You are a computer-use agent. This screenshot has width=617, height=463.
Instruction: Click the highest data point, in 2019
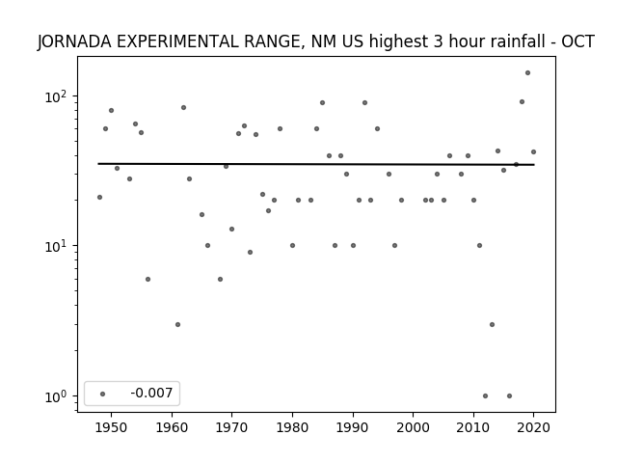point(527,73)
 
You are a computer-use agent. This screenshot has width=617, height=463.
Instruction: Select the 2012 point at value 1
point(485,396)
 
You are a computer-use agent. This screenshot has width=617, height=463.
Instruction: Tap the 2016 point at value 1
point(509,396)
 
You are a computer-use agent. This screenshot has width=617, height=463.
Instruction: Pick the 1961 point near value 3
point(177,325)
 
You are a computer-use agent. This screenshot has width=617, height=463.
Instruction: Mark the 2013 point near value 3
point(492,325)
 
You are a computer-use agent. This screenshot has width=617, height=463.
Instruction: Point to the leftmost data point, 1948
point(99,197)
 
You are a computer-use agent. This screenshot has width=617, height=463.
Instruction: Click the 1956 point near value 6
point(148,280)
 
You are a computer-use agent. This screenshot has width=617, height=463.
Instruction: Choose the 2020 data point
point(533,152)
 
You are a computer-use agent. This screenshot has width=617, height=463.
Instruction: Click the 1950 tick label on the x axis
point(112,427)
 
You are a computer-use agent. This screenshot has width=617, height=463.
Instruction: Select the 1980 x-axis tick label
point(292,427)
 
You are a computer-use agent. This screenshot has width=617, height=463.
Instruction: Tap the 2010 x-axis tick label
point(473,427)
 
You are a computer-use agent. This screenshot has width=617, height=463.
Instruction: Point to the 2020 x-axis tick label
point(533,427)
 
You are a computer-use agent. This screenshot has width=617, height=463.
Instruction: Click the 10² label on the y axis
point(56,96)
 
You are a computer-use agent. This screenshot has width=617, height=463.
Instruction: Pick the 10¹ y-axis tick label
point(56,246)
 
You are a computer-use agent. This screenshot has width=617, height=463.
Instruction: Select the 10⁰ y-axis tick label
point(56,396)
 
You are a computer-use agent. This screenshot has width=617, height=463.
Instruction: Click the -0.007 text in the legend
point(151,393)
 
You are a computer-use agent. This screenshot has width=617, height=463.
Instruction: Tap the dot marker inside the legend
point(103,395)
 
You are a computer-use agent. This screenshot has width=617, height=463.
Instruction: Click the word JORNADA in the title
point(74,41)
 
